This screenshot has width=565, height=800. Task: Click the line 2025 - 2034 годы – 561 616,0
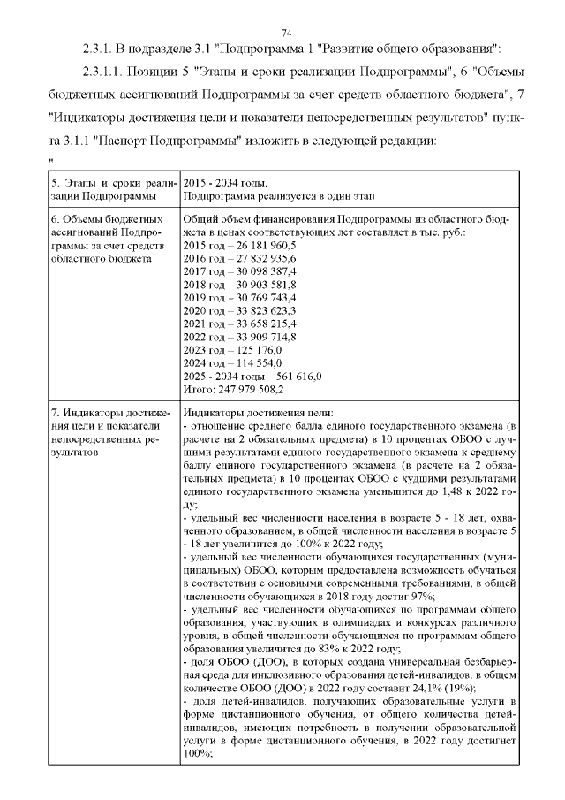(251, 377)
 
